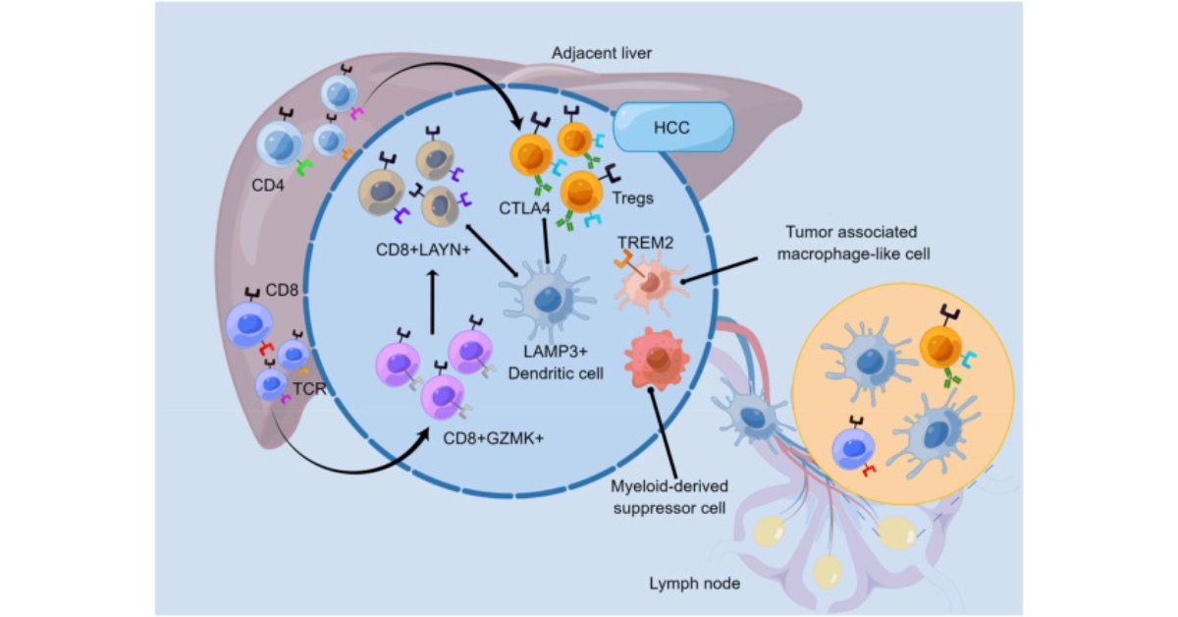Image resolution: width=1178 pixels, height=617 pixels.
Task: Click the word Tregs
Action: pos(634,197)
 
